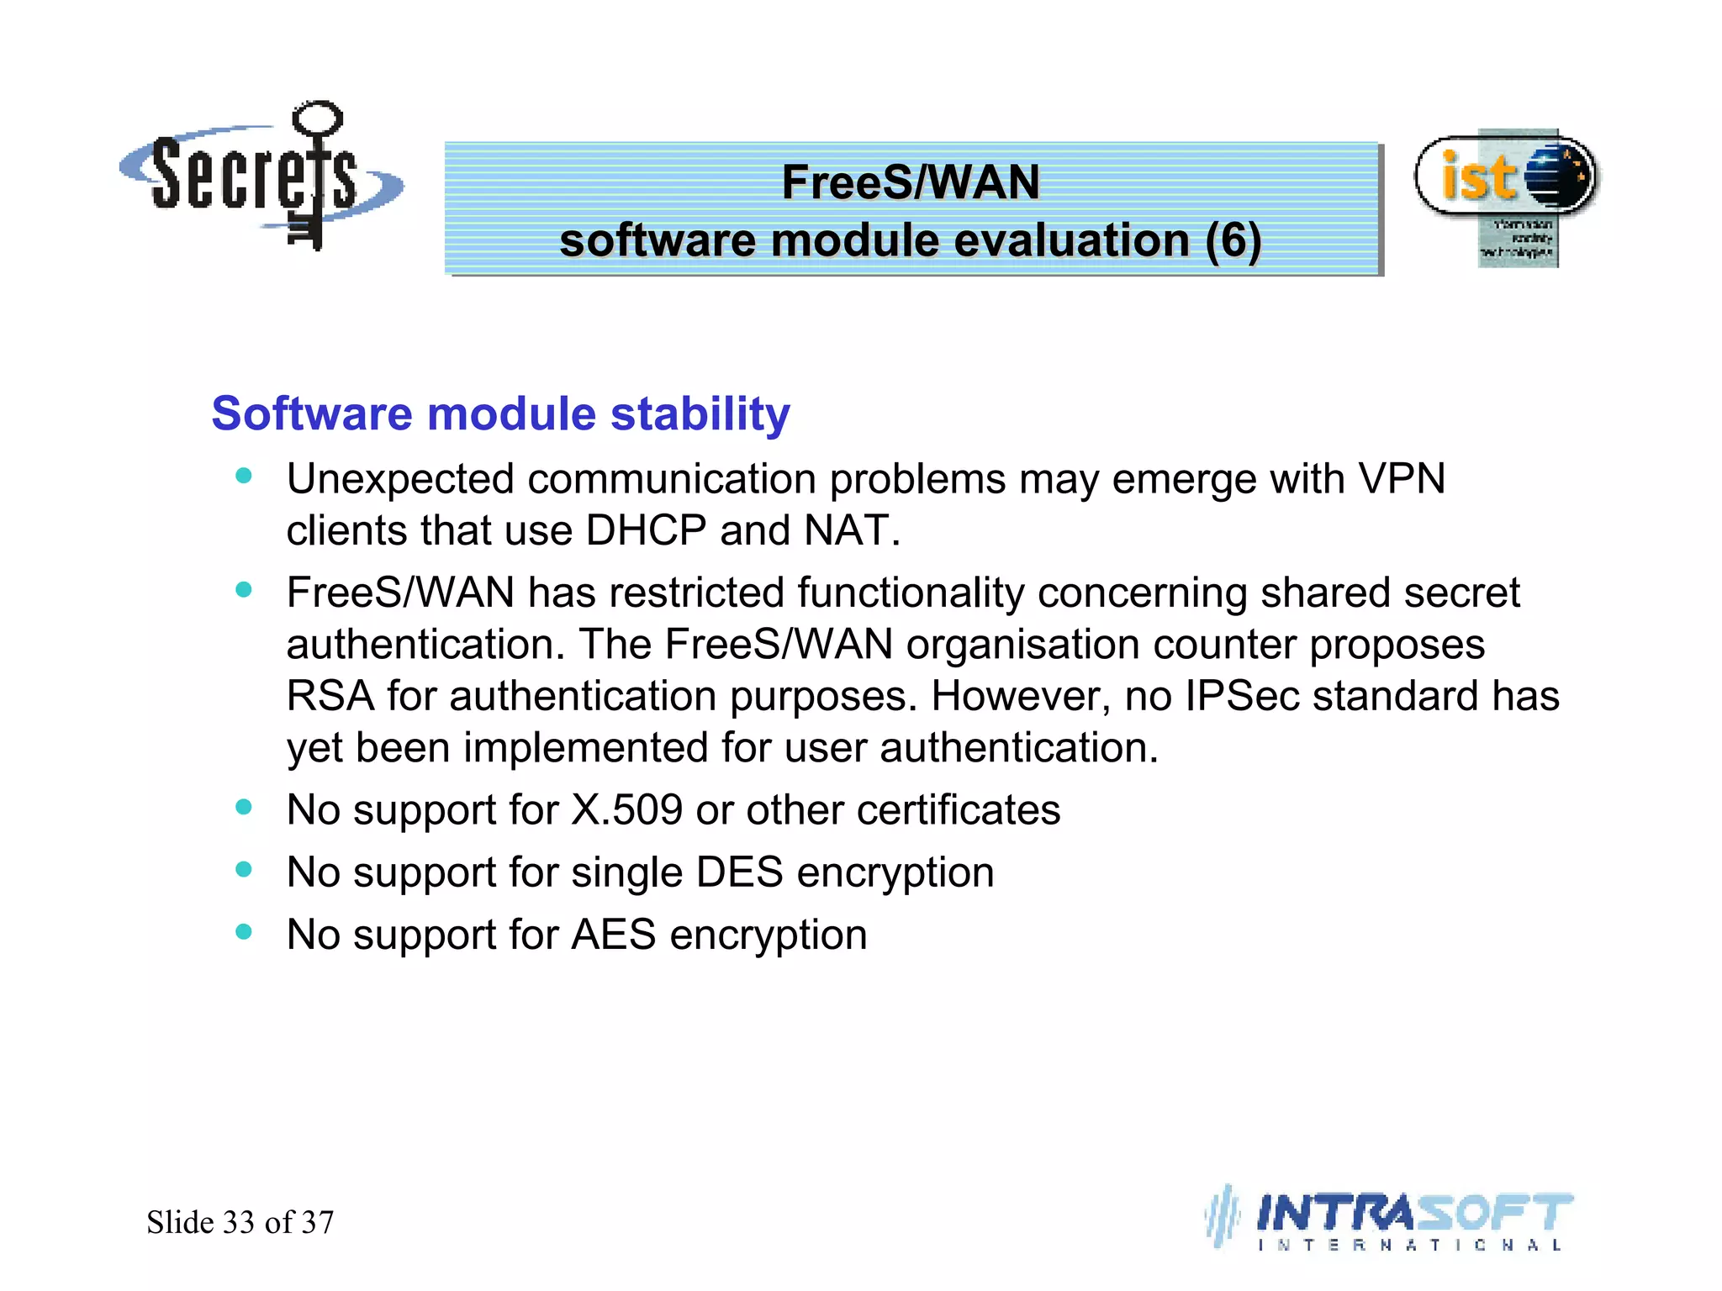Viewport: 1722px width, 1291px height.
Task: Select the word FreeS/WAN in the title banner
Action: [x=911, y=182]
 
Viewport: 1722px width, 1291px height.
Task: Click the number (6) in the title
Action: [x=1233, y=241]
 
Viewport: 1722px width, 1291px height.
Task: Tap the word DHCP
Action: [x=646, y=531]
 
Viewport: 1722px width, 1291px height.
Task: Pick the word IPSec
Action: [x=1242, y=697]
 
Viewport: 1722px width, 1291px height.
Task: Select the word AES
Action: [x=613, y=935]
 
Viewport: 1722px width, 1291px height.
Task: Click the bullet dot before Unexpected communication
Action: [x=244, y=477]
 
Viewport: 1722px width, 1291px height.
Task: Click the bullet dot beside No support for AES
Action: [x=244, y=932]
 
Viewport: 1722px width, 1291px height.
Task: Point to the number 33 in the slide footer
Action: [x=239, y=1222]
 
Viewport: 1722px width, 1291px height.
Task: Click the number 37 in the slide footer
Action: [x=318, y=1222]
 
